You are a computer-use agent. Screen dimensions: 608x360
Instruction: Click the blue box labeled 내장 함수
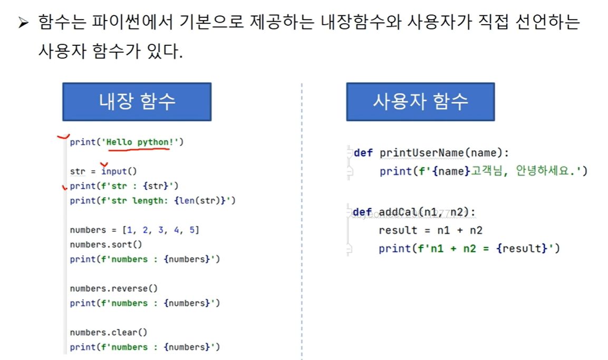click(137, 102)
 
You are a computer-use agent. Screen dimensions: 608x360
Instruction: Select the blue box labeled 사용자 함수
click(420, 102)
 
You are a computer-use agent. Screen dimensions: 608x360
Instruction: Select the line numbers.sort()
click(106, 245)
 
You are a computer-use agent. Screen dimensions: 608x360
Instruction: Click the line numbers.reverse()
click(113, 288)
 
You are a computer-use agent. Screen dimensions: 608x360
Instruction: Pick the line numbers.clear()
click(108, 332)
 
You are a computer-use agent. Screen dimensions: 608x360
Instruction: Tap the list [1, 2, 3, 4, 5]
click(160, 230)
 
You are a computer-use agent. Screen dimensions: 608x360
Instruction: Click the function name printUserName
click(421, 153)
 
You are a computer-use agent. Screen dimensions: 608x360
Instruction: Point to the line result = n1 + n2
click(430, 230)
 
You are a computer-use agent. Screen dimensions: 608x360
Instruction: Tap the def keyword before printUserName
click(363, 153)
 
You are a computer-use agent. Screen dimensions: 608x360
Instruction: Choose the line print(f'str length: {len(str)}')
click(152, 200)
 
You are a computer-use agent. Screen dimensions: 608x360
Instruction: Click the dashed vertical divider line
click(302, 221)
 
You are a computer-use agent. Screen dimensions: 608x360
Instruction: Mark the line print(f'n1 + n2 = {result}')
click(469, 248)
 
